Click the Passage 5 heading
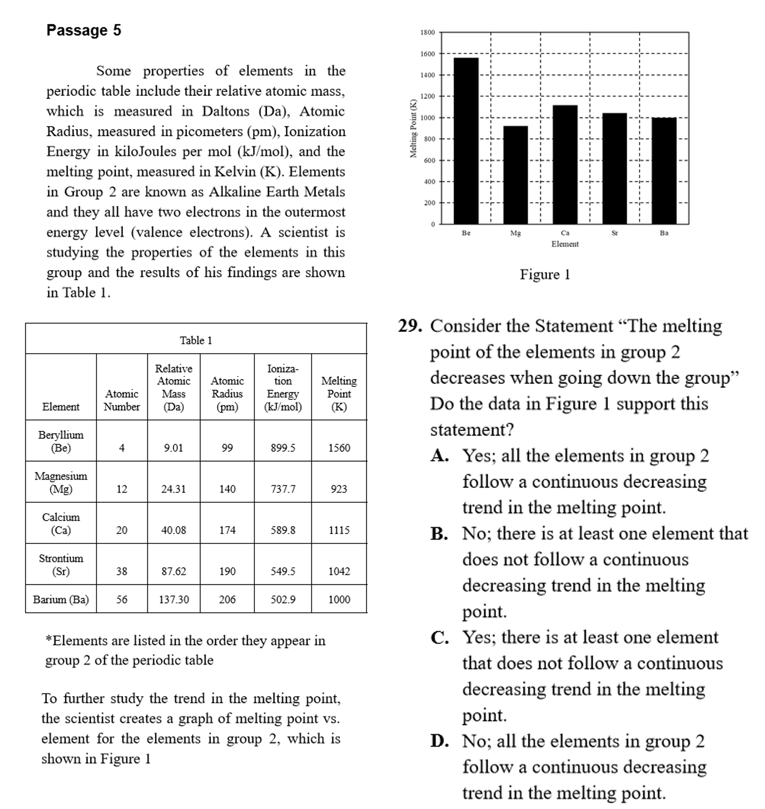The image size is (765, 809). [84, 30]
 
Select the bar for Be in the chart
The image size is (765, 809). [466, 140]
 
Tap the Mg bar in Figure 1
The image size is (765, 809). [515, 175]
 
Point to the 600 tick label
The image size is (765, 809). [429, 160]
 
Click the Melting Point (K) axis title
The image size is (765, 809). [414, 128]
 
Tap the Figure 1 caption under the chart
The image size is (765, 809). [545, 274]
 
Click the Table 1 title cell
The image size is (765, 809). [196, 340]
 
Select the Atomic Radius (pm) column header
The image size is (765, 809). [227, 393]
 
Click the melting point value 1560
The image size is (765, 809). [339, 448]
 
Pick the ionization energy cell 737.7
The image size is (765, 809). [283, 489]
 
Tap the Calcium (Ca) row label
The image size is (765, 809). [61, 523]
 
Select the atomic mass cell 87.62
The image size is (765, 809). [173, 571]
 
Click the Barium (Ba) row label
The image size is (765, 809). [61, 599]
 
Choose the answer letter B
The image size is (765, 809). [439, 533]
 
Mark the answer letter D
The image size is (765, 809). [440, 741]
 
